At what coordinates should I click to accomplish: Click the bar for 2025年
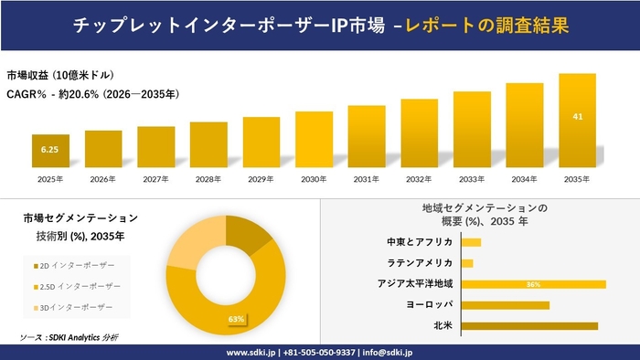(x=50, y=151)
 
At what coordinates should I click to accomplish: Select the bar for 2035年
(x=577, y=122)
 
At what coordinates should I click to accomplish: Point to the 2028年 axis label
(x=208, y=180)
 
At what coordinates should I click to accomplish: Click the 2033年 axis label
(x=472, y=180)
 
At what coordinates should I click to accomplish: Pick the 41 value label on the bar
(x=577, y=116)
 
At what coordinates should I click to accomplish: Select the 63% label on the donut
(x=237, y=319)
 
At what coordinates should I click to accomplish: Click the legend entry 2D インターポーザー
(x=73, y=265)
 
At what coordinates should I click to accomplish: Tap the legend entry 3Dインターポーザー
(x=73, y=307)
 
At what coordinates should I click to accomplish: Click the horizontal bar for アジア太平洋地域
(x=534, y=284)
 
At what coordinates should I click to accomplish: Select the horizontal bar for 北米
(x=529, y=325)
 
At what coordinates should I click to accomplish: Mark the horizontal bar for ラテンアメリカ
(x=467, y=263)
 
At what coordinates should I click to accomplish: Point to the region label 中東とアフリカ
(x=420, y=242)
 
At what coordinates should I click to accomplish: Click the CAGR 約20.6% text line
(x=91, y=93)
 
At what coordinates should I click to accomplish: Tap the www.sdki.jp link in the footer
(x=253, y=352)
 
